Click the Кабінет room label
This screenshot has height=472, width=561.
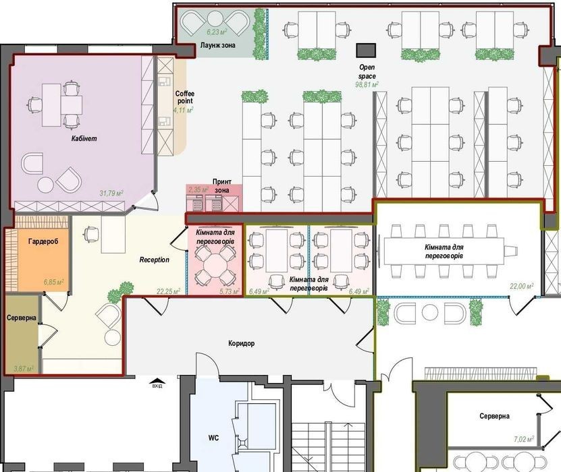(x=84, y=139)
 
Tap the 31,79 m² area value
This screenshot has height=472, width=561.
(x=111, y=194)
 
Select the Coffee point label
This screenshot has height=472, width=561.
(x=184, y=97)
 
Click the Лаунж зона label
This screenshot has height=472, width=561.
(x=218, y=45)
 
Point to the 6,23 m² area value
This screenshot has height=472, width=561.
(x=217, y=32)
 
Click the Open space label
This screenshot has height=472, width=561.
(x=367, y=71)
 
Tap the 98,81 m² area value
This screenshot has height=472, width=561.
(x=367, y=85)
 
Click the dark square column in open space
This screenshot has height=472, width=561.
(x=366, y=51)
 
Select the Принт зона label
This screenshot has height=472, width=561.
(x=222, y=186)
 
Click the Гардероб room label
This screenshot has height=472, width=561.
(x=43, y=241)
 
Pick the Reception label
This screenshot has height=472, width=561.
(x=154, y=260)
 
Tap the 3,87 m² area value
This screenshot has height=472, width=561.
(x=24, y=368)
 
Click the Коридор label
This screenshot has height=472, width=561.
(x=242, y=343)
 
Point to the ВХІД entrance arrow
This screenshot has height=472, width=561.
(x=157, y=381)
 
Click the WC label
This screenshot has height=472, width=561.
(x=213, y=438)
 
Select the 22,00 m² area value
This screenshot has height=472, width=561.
(x=522, y=286)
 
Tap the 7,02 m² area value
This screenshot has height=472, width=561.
(x=524, y=439)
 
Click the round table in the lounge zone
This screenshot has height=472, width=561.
(x=215, y=20)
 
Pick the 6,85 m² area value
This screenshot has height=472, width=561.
(x=54, y=283)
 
